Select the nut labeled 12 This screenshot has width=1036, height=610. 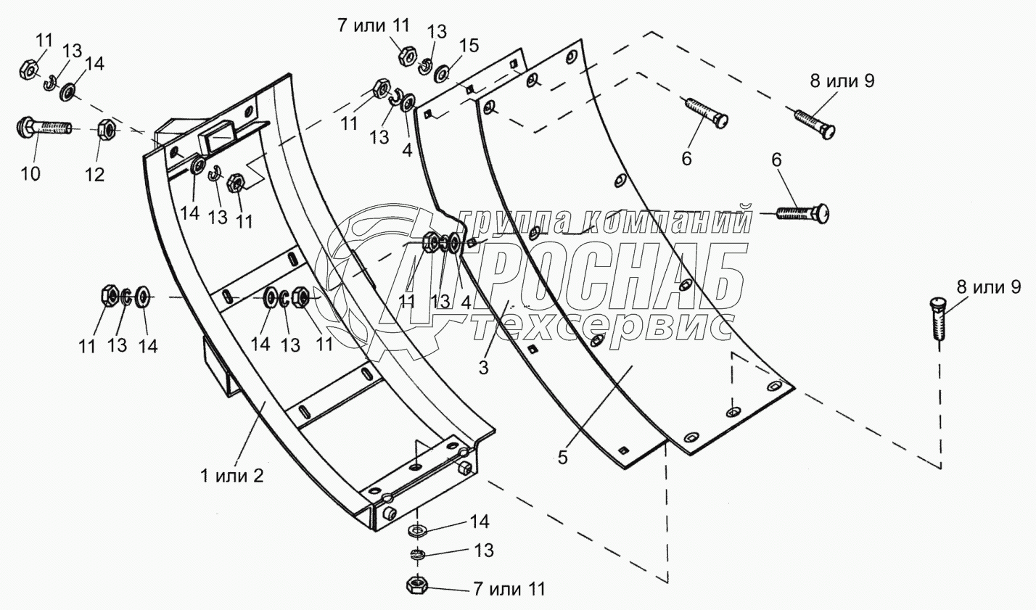coord(104,130)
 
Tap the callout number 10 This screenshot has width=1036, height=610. coord(30,173)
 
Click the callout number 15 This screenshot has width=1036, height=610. coord(469,45)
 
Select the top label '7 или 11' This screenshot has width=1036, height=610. coord(373,26)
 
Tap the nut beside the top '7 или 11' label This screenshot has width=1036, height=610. coord(407,55)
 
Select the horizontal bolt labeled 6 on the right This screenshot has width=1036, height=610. coord(802,213)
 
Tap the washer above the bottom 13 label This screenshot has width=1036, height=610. coord(419,529)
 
